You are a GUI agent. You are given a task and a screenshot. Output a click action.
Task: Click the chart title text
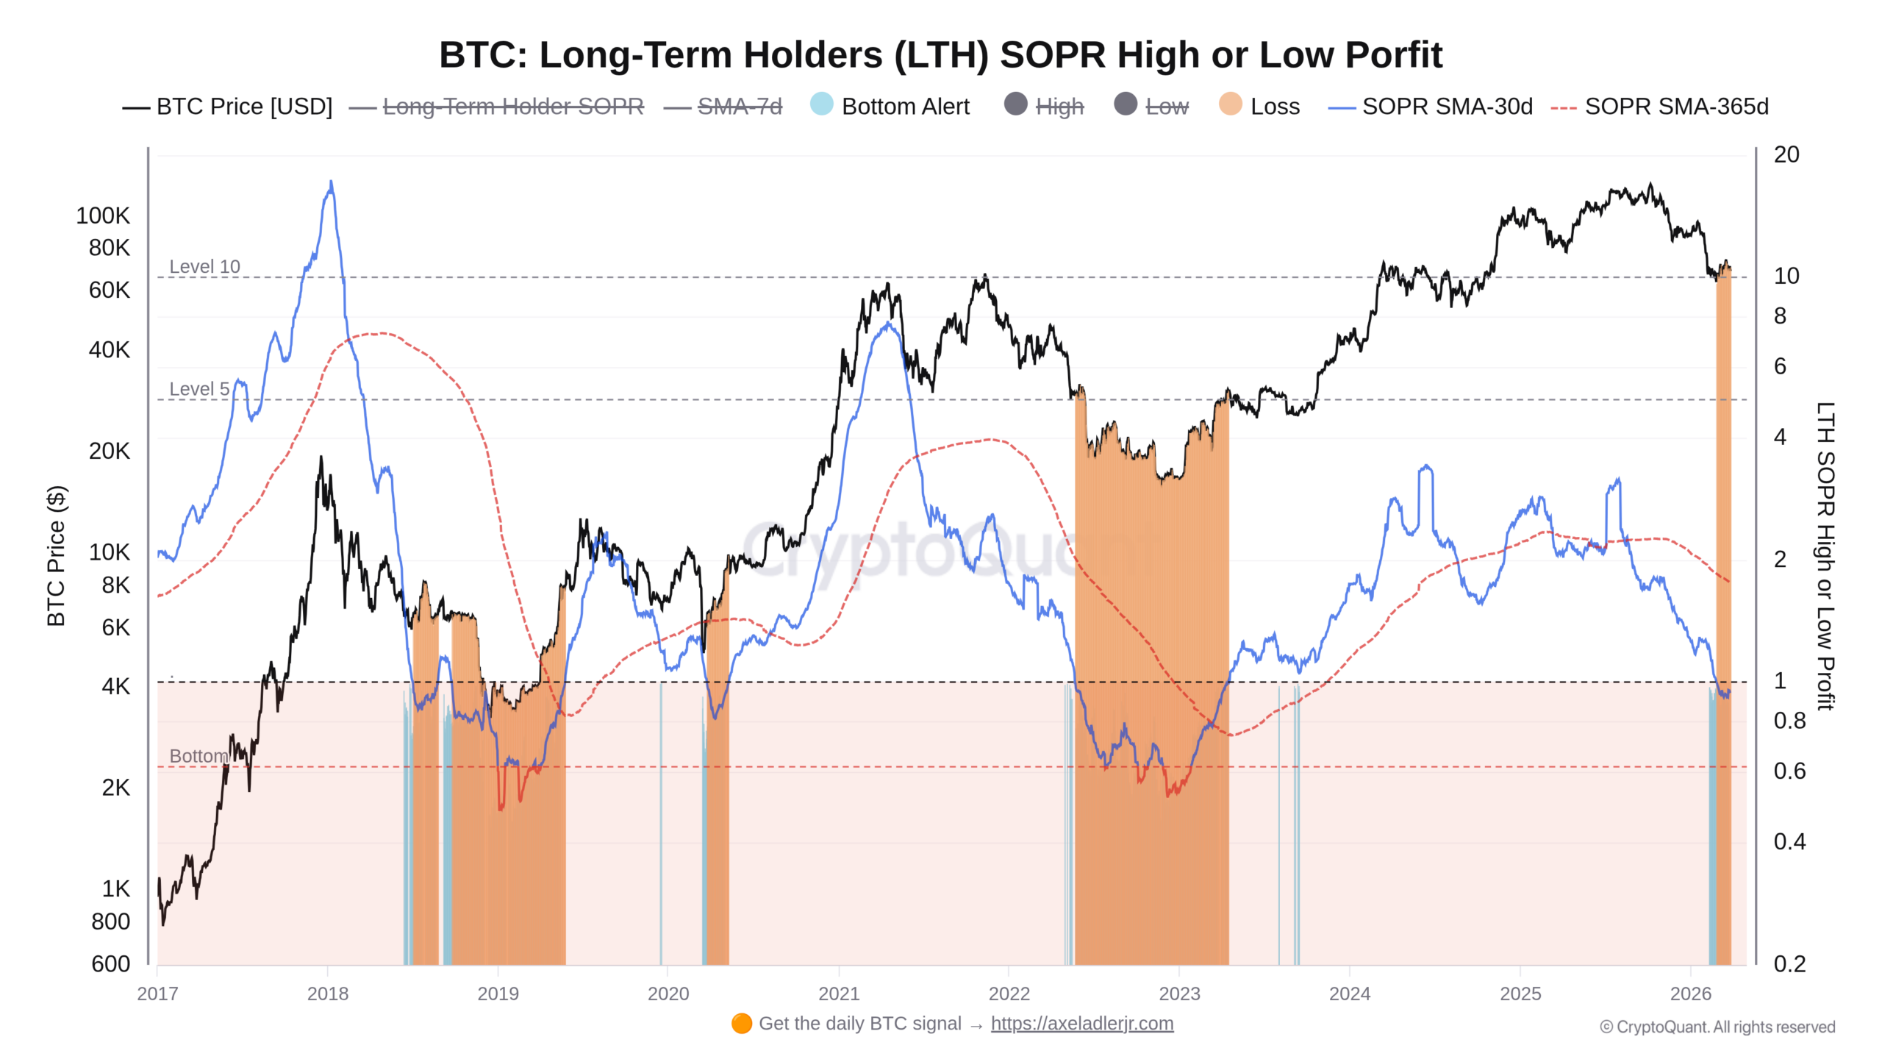click(940, 55)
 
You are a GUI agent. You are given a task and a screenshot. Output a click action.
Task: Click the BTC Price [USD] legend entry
click(227, 107)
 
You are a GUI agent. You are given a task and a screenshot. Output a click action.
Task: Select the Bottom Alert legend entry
click(890, 106)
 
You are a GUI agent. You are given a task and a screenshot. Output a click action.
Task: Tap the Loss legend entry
click(1259, 106)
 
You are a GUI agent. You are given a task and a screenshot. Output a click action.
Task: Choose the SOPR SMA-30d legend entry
click(1431, 107)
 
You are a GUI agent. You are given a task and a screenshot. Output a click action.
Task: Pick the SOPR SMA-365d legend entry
click(1659, 107)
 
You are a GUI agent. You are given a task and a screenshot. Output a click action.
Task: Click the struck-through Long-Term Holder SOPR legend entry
click(496, 107)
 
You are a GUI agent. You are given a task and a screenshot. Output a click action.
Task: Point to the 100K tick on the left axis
click(103, 215)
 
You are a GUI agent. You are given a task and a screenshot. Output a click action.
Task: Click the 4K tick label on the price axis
click(115, 686)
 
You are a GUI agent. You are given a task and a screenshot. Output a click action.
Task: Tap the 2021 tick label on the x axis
click(839, 994)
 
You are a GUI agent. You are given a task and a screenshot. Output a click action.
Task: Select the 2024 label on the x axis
click(1350, 994)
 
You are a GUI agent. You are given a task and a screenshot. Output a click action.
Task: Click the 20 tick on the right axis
click(1786, 154)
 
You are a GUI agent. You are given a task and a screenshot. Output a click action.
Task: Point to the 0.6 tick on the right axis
click(1789, 771)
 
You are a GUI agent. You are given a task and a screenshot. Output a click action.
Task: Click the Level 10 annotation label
click(204, 266)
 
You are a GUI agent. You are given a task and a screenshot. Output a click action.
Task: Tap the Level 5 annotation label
click(199, 388)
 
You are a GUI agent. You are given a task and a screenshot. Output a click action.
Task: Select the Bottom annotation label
click(198, 756)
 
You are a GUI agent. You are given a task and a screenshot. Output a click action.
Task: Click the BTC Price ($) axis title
click(56, 556)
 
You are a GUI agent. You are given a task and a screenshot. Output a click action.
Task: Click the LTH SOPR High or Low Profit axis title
click(1825, 556)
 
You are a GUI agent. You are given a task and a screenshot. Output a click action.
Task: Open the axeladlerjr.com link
click(1082, 1024)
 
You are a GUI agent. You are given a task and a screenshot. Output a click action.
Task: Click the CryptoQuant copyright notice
click(1717, 1027)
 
